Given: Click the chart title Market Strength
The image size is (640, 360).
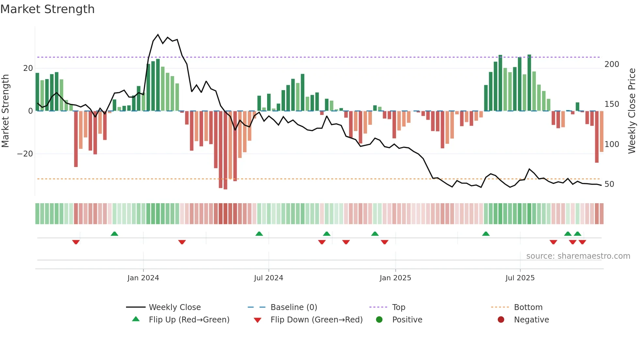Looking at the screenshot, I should click(x=47, y=9).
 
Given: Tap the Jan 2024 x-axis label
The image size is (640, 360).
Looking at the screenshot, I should click(x=143, y=278).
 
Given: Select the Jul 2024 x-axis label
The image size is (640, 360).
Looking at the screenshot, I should click(x=268, y=278).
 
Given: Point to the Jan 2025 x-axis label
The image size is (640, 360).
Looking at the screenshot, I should click(x=395, y=278).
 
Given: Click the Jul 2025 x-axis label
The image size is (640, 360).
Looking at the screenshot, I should click(x=520, y=278).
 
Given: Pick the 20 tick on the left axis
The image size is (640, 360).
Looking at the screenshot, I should click(x=28, y=68).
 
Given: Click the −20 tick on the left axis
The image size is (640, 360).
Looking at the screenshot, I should click(x=25, y=154).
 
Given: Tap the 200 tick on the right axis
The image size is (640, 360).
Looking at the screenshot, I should click(x=612, y=64).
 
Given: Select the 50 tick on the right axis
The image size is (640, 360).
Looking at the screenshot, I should click(x=609, y=184).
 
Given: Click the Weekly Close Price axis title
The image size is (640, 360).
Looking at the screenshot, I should click(x=632, y=111).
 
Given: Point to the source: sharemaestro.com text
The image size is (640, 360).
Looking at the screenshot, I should click(x=578, y=256).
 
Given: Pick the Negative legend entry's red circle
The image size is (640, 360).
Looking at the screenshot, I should click(x=501, y=319).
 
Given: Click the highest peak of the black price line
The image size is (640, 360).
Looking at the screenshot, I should click(x=158, y=35).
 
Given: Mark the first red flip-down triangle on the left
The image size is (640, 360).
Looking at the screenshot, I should click(x=76, y=242).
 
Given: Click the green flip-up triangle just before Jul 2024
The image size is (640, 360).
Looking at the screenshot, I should click(x=259, y=234).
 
